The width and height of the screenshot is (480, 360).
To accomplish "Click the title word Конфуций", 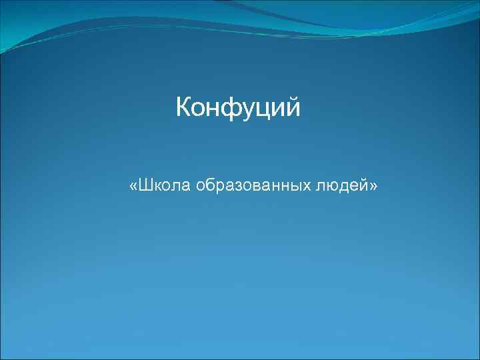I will pyautogui.click(x=238, y=107).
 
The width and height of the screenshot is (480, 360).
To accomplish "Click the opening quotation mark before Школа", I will pyautogui.click(x=134, y=186).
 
